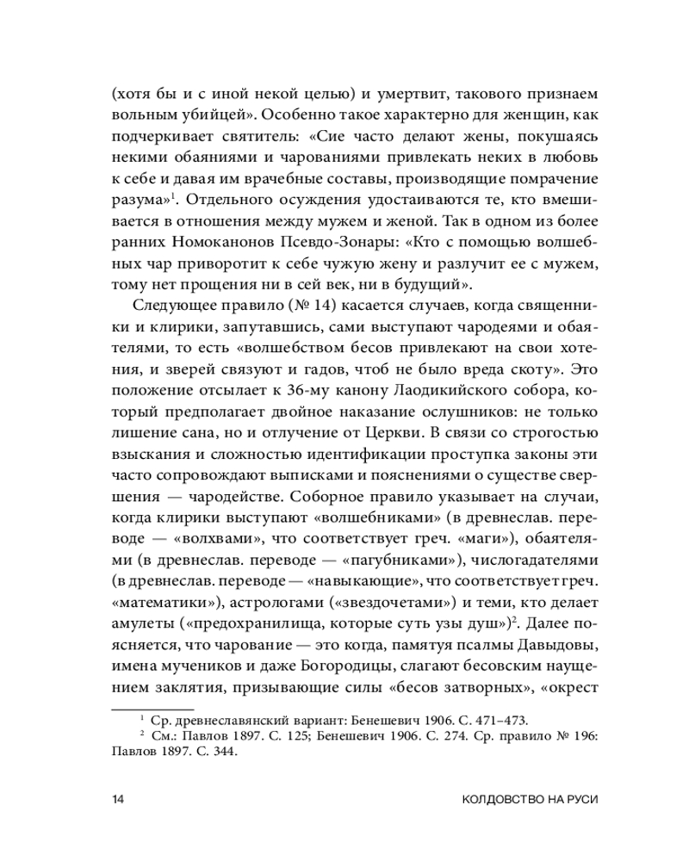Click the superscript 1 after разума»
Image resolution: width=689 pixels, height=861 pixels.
coord(172,194)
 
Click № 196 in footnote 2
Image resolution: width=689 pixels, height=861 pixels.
coord(575,737)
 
